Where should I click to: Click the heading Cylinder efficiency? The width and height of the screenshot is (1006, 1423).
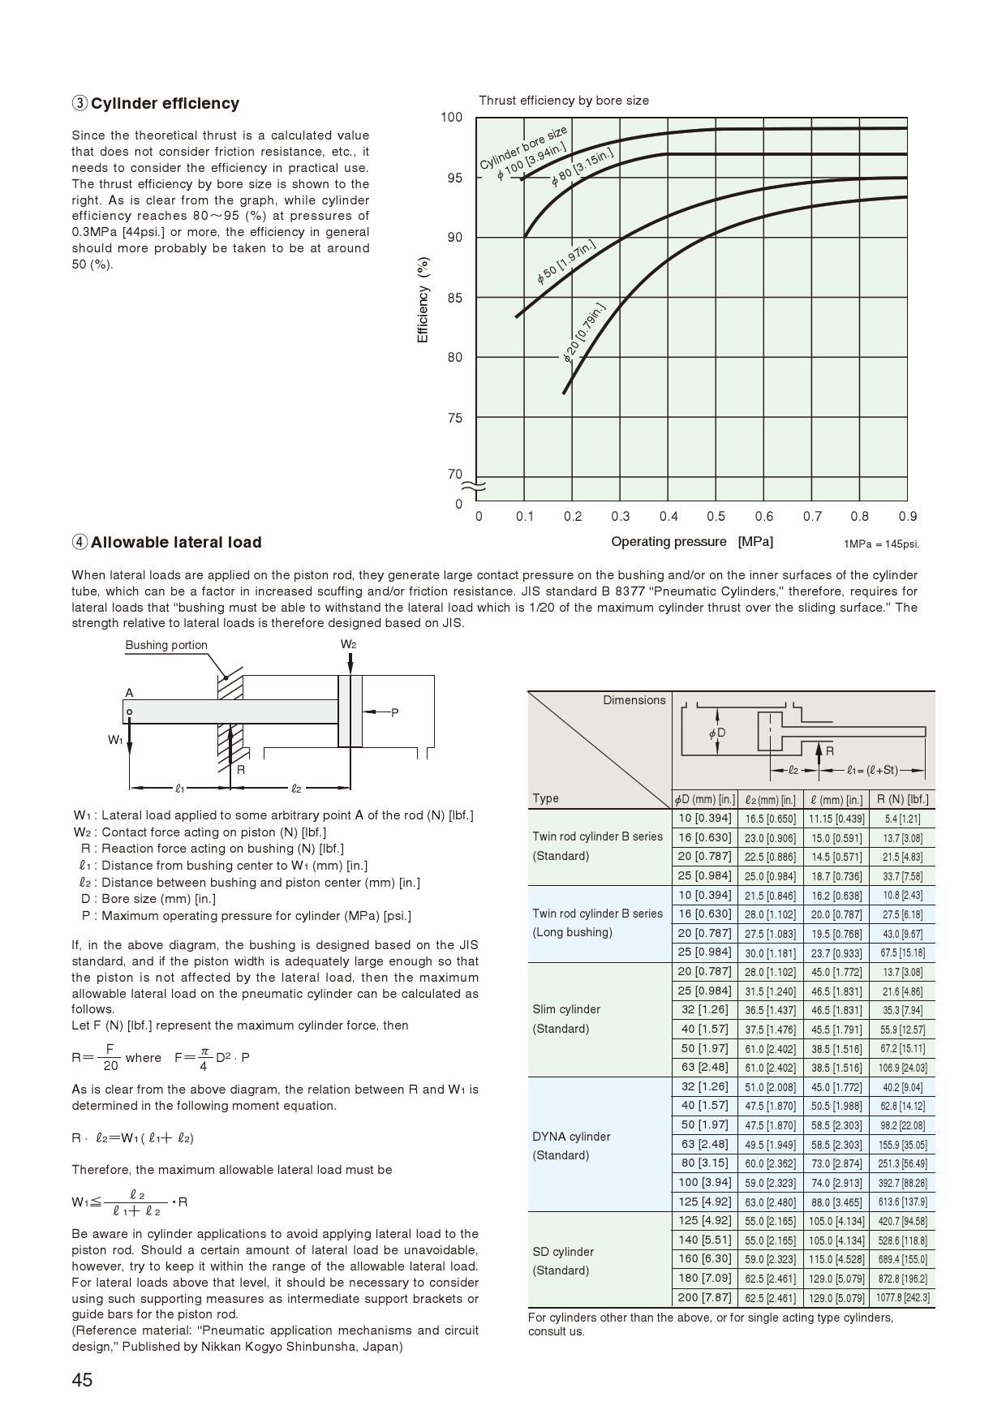(165, 104)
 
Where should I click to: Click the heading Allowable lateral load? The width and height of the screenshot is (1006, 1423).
(175, 543)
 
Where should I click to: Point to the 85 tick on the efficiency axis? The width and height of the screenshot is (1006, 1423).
(454, 298)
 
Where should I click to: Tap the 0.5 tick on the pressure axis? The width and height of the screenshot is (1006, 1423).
(716, 517)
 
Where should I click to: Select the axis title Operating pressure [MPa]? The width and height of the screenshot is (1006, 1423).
(692, 542)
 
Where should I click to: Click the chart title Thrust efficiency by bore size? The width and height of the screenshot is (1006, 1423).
(564, 101)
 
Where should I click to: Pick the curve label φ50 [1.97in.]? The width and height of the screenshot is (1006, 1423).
(567, 262)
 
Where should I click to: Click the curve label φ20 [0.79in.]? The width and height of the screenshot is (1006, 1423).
(584, 333)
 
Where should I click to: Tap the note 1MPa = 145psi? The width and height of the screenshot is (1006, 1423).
(881, 544)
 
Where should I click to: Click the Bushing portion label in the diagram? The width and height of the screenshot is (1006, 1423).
(166, 646)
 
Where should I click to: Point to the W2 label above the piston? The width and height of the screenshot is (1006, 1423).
(349, 644)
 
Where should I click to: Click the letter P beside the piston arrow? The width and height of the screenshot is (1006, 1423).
(395, 713)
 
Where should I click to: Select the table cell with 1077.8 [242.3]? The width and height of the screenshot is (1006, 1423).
(902, 1298)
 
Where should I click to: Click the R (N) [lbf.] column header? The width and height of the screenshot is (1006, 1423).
(902, 799)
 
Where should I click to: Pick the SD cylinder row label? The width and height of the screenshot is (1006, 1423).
(563, 1252)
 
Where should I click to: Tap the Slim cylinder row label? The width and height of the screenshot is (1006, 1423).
(566, 1009)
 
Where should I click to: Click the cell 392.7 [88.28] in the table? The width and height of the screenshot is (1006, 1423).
(902, 1183)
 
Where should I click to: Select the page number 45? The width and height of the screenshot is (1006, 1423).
(83, 1380)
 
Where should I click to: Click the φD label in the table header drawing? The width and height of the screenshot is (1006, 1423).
(717, 733)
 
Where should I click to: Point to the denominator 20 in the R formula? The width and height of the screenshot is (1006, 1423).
(110, 1065)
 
